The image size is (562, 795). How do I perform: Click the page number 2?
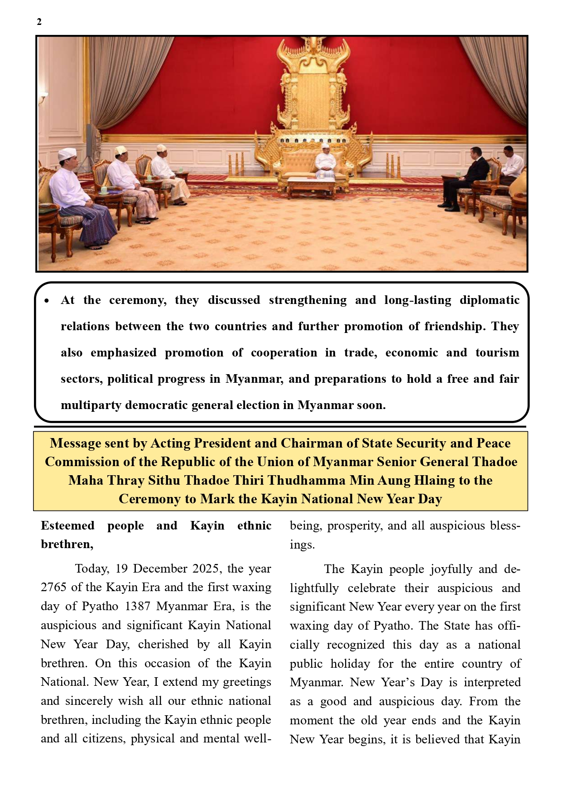click(39, 22)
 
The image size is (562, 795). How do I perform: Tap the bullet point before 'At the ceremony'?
click(47, 301)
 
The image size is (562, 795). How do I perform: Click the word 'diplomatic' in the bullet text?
click(490, 300)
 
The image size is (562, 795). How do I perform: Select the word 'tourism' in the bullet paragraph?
click(497, 353)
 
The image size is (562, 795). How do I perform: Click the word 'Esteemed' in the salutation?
click(67, 525)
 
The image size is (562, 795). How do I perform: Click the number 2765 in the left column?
click(54, 588)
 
